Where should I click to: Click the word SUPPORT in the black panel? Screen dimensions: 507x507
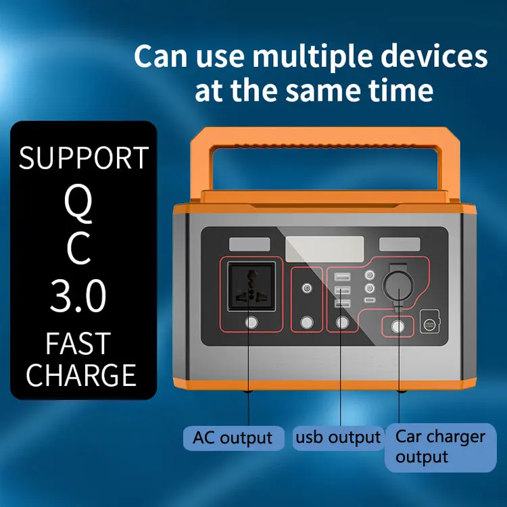pyautogui.click(x=84, y=158)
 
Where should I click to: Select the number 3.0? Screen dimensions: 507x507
pyautogui.click(x=79, y=295)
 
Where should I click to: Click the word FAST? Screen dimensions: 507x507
pyautogui.click(x=79, y=343)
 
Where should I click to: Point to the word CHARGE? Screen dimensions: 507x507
pyautogui.click(x=81, y=375)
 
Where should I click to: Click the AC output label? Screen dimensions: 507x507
pyautogui.click(x=232, y=437)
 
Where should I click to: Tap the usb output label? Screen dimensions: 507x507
pyautogui.click(x=338, y=437)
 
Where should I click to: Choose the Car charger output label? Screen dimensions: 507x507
pyautogui.click(x=440, y=446)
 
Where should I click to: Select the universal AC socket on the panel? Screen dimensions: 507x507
pyautogui.click(x=251, y=286)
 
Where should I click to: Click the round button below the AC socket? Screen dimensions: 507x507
pyautogui.click(x=251, y=322)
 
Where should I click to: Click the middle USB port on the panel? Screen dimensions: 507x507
pyautogui.click(x=341, y=289)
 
